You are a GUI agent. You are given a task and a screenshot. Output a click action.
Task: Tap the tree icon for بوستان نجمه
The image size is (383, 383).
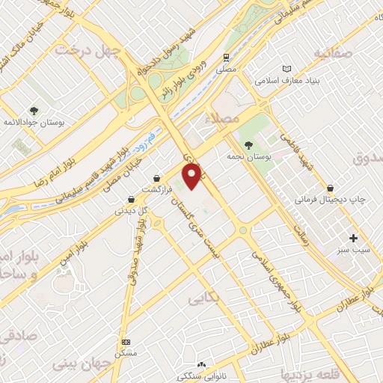point(248,145)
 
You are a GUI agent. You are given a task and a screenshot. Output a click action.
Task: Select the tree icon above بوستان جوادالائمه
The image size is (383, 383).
point(34,109)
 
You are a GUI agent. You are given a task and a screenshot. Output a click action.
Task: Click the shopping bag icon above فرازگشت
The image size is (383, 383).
point(156,178)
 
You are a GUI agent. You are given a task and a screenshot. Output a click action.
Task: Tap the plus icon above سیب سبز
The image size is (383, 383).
point(353,238)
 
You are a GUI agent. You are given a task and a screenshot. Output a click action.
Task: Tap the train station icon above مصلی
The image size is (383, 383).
point(226,58)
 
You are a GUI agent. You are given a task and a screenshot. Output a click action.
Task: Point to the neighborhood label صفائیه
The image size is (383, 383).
point(332,53)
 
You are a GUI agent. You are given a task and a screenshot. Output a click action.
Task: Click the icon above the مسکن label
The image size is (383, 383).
point(126,341)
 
